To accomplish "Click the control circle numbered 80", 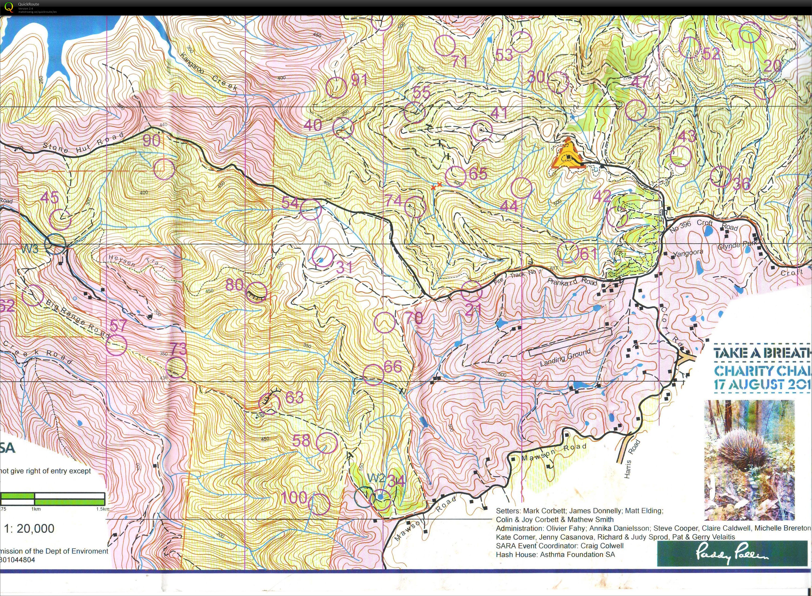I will (x=256, y=292).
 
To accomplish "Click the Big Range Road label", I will (x=76, y=318).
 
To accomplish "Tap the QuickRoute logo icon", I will (x=9, y=7).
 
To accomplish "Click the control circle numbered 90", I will (x=164, y=169).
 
